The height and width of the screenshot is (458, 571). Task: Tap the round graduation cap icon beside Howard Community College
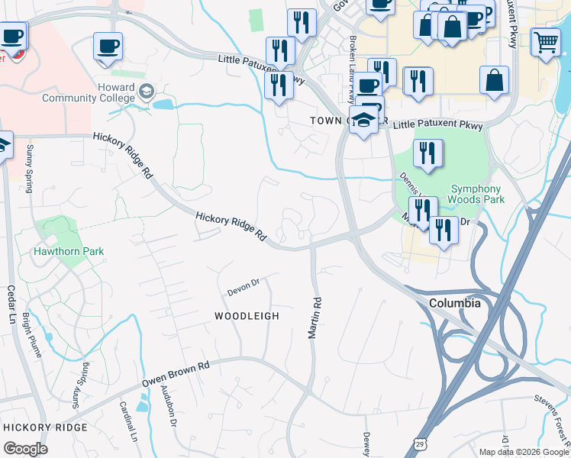pyautogui.click(x=145, y=93)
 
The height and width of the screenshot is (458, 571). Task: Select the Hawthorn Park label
pyautogui.click(x=67, y=251)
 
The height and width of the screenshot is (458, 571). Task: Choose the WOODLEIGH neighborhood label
pyautogui.click(x=247, y=315)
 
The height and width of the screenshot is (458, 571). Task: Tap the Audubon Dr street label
pyautogui.click(x=169, y=404)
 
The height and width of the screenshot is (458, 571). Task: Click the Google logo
pyautogui.click(x=26, y=449)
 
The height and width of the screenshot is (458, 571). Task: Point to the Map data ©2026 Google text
pyautogui.click(x=522, y=451)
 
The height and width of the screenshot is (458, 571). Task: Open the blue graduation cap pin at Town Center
pyautogui.click(x=364, y=121)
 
